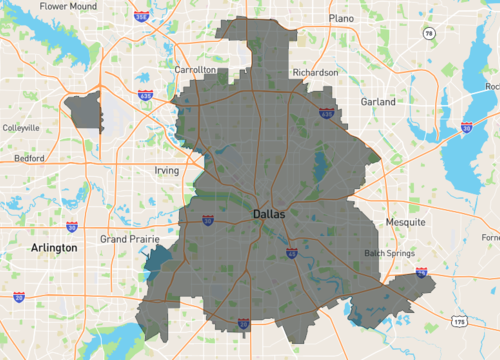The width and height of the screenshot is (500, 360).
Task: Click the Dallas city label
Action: [x=269, y=214]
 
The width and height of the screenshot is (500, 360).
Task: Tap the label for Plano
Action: [x=342, y=18]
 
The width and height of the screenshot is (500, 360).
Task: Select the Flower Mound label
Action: [x=68, y=6]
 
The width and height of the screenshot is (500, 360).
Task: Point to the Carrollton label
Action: [x=195, y=71]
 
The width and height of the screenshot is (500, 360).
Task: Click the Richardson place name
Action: [x=315, y=72]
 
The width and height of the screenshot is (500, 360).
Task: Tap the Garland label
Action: [x=378, y=102]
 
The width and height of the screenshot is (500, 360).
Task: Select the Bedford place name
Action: [x=29, y=159]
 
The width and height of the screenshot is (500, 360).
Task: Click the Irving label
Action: [x=166, y=171]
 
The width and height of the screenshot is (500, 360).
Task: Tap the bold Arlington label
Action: [x=54, y=247]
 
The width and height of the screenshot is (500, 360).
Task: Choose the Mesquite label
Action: [x=406, y=221]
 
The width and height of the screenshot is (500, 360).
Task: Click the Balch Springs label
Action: [x=388, y=253]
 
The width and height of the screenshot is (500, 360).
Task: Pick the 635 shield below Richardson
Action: [x=326, y=115]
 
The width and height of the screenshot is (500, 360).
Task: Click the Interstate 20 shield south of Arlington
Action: [x=20, y=297]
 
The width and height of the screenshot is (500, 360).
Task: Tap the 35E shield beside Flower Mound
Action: [x=142, y=17]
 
